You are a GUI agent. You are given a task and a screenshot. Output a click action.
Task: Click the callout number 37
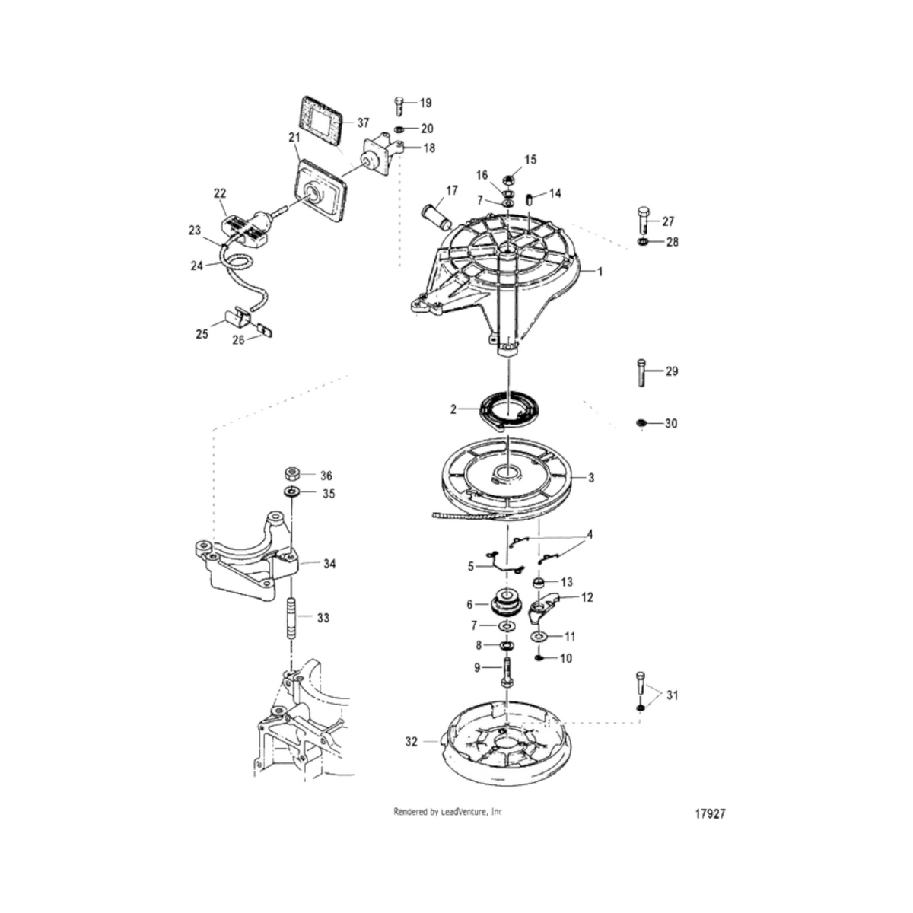point(363,123)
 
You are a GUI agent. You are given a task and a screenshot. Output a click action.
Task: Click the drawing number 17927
point(710,814)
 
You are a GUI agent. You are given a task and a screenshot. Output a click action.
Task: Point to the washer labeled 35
point(291,491)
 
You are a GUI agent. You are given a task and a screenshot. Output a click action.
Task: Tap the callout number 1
point(600,272)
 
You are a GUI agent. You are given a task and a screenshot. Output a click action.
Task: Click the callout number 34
point(329,564)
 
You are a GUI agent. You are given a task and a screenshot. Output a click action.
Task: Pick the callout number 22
point(220,193)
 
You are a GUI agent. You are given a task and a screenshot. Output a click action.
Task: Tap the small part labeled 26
point(265,329)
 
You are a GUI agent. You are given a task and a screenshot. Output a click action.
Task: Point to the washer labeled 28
point(642,242)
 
